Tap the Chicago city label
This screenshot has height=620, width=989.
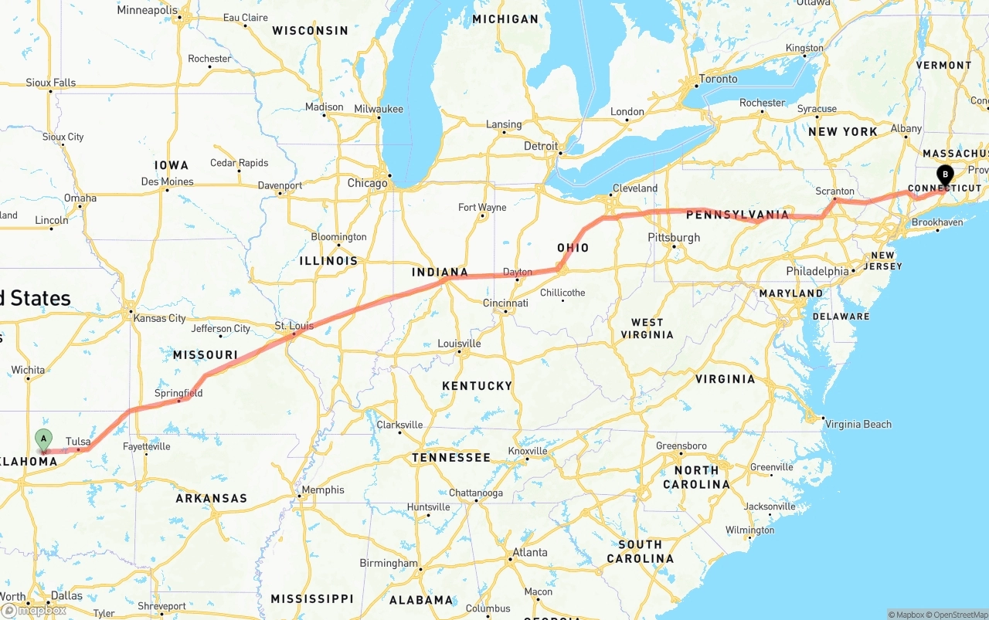pos(367,184)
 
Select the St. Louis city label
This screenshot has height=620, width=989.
pos(294,326)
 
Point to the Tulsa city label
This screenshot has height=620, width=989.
pos(78,442)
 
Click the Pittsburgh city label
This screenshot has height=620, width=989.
pos(674,238)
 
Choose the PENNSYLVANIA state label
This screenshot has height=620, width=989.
pos(737,215)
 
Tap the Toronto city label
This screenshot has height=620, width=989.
pos(718,79)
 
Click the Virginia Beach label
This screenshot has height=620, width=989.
pos(858,424)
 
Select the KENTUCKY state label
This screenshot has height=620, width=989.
pos(477,386)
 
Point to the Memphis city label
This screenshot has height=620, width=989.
pos(323,490)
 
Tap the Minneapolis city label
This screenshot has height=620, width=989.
pos(147,11)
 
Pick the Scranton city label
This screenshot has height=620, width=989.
pos(835,191)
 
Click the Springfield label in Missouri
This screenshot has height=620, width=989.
pos(178,393)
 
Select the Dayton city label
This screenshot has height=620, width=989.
pos(517,272)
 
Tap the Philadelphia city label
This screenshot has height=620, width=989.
pos(817,271)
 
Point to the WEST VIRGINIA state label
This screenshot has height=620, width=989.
pos(647,328)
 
